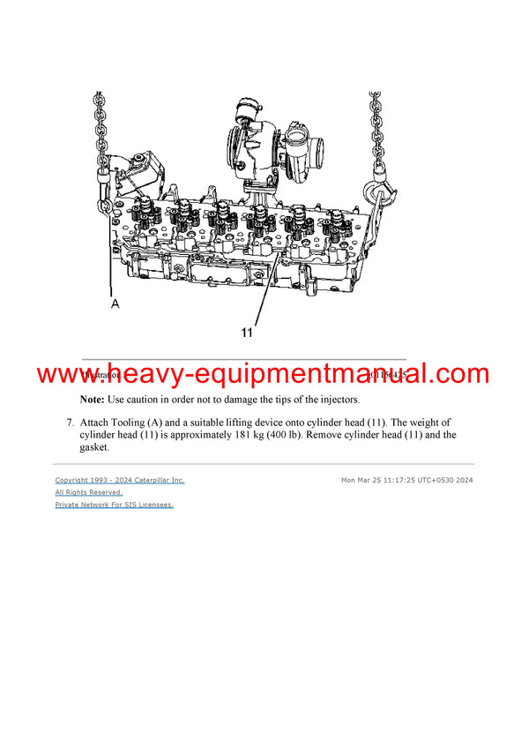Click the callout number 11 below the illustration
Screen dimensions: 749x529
(248, 333)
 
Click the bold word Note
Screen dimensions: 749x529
(92, 400)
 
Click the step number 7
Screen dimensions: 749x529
(70, 423)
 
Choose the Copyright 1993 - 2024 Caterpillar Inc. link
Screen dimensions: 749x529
(120, 480)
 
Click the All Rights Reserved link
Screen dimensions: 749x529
(88, 492)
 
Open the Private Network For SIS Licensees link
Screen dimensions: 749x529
(114, 505)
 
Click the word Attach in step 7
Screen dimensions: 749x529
(98, 423)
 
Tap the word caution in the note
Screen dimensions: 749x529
(151, 400)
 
